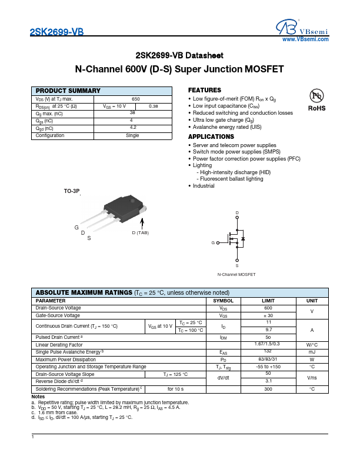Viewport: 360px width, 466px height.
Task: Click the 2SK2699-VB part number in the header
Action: tap(56, 34)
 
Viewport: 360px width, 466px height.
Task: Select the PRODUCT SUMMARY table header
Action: tap(68, 91)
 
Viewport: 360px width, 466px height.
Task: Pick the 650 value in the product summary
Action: tap(135, 99)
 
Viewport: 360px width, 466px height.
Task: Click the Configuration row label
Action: tap(50, 135)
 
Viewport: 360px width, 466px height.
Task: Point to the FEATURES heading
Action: tap(204, 90)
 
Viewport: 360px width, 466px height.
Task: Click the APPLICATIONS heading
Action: tap(211, 137)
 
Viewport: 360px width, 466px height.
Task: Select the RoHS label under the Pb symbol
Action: tap(316, 109)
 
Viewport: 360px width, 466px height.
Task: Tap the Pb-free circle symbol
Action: tap(316, 96)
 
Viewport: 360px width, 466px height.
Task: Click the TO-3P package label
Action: tap(71, 192)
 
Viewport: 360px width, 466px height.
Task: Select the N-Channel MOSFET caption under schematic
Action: tap(236, 275)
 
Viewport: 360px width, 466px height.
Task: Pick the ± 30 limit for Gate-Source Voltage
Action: tap(268, 315)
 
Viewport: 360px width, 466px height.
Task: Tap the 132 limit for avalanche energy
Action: tap(268, 351)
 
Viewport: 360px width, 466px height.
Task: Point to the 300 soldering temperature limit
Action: tap(268, 389)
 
